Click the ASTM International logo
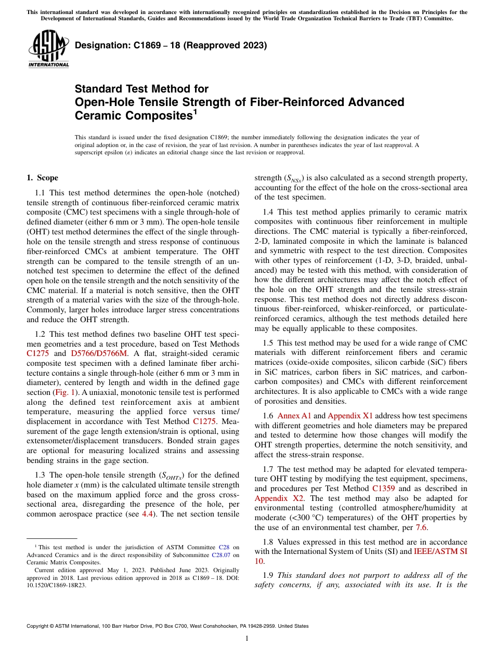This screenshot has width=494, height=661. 48,50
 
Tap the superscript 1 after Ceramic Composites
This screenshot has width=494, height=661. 195,111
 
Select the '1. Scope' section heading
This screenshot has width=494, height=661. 42,178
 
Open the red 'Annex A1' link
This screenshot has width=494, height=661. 294,416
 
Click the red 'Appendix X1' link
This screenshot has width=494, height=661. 350,416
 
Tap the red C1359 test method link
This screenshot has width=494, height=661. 383,488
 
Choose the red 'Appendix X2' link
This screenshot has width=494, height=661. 279,498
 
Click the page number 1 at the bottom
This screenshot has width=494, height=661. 246,639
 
